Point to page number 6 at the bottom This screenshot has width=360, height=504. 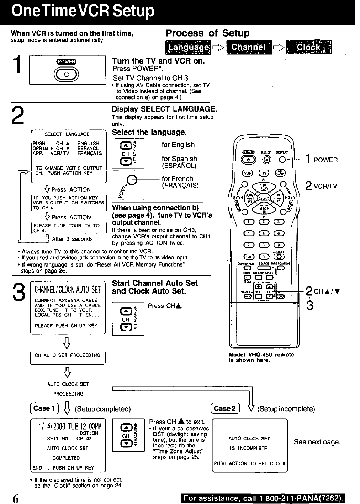click(15, 498)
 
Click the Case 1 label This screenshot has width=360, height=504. click(43, 408)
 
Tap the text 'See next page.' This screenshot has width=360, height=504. click(317, 442)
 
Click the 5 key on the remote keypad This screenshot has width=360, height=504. click(264, 234)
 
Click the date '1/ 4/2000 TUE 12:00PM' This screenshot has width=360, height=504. click(68, 426)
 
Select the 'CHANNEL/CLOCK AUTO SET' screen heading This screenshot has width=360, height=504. click(68, 290)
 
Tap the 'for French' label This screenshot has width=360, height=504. click(178, 179)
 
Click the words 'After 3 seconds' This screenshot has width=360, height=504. click(72, 239)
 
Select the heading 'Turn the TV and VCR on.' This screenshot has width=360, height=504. click(158, 61)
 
